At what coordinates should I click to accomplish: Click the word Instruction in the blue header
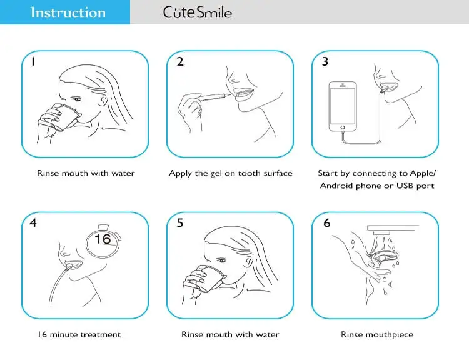coord(68,12)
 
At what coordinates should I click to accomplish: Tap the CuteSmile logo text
coord(197,12)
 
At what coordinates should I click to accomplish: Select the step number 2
coord(179,62)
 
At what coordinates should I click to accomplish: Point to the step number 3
coord(325,62)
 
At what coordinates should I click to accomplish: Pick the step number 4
coord(33,223)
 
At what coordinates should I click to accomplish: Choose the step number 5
coord(180,223)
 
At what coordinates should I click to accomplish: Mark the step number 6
coord(326,223)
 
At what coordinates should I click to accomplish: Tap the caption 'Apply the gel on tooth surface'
coord(230,173)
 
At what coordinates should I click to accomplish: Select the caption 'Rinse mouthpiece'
coord(376,334)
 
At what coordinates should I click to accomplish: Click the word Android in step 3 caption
coord(337,186)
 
